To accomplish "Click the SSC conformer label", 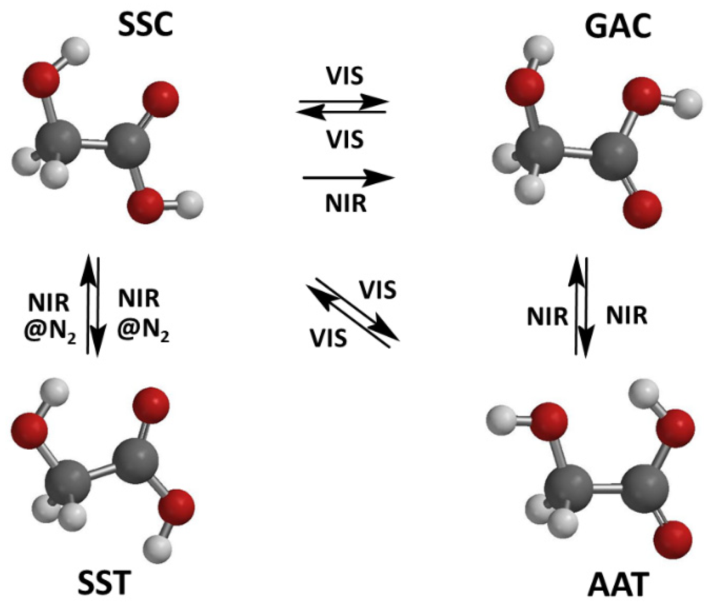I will (x=145, y=26).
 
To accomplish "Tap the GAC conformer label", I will (x=618, y=27).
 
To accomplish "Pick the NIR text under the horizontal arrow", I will (x=346, y=203).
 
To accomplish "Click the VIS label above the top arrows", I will (x=345, y=76).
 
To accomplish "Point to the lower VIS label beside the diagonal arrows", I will (x=328, y=338).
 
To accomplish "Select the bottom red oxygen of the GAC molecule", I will (x=642, y=209).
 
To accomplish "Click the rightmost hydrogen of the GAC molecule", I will (x=688, y=104).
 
